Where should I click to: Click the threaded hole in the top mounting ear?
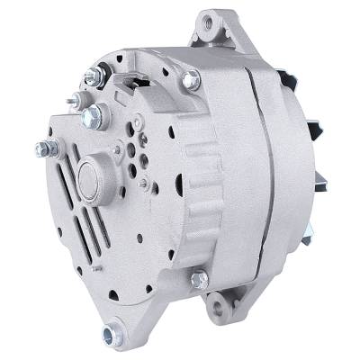pos(212,21)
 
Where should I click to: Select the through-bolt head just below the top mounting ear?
pos(191,80)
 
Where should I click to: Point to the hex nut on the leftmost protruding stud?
pos(42,149)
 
